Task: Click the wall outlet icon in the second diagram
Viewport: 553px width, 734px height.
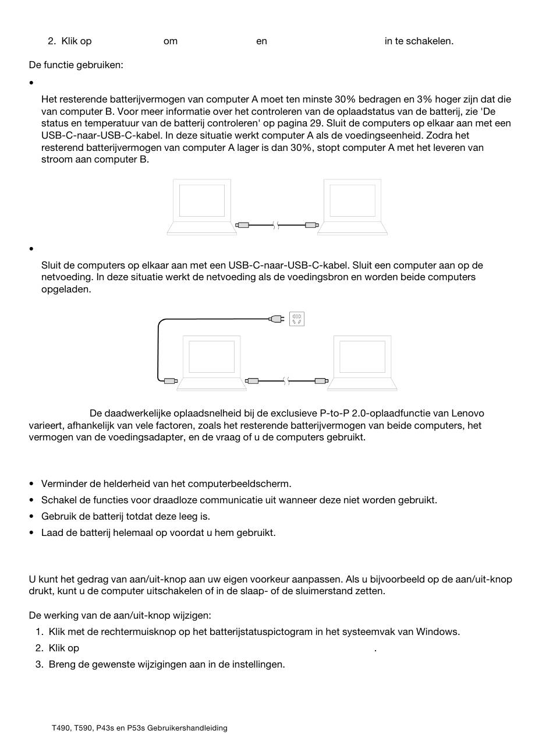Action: click(x=297, y=319)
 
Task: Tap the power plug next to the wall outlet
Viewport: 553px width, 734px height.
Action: click(x=276, y=319)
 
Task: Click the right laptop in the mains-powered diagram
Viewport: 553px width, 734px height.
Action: click(x=362, y=362)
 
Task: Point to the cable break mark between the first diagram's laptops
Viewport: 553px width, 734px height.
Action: click(x=276, y=225)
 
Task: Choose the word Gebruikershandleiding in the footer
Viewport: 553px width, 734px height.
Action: click(x=187, y=728)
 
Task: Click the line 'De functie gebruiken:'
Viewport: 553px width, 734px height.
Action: click(x=76, y=65)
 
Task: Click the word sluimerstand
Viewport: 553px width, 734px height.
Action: click(x=354, y=591)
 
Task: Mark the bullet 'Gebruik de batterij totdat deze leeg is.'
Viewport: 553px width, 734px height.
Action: click(x=126, y=517)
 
